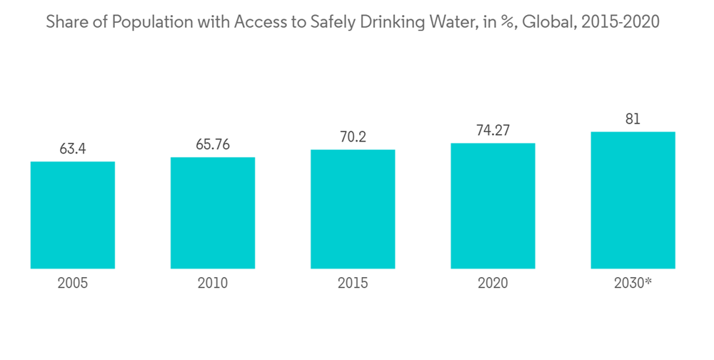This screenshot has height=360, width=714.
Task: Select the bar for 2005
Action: click(x=73, y=215)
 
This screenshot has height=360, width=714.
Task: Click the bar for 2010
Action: click(x=213, y=213)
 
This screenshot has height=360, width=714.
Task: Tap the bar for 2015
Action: click(x=353, y=209)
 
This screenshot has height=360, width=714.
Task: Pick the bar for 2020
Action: click(x=493, y=206)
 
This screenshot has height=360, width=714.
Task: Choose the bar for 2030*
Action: click(x=633, y=200)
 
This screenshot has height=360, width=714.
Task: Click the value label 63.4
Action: click(x=73, y=149)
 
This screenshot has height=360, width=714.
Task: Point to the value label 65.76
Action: click(x=213, y=144)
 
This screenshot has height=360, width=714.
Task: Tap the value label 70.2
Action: click(x=353, y=137)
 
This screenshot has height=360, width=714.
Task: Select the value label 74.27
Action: click(x=493, y=131)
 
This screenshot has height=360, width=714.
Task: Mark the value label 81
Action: click(x=633, y=119)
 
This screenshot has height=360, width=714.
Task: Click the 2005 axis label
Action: click(x=73, y=284)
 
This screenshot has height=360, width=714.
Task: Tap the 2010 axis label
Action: click(x=213, y=284)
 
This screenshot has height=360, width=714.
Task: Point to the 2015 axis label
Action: click(x=353, y=284)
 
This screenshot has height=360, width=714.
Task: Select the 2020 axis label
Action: click(x=493, y=284)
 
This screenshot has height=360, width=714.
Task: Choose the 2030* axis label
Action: click(x=633, y=284)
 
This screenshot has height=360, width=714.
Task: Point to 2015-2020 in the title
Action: click(x=620, y=22)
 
